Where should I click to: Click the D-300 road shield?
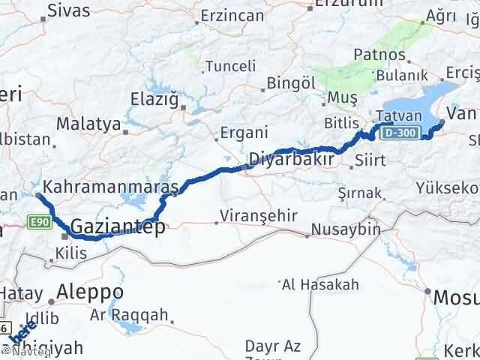[395, 133]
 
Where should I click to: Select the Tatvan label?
[393, 117]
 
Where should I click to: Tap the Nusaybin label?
[346, 229]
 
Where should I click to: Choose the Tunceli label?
[225, 65]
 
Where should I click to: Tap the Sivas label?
[68, 10]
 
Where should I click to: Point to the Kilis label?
[70, 253]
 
